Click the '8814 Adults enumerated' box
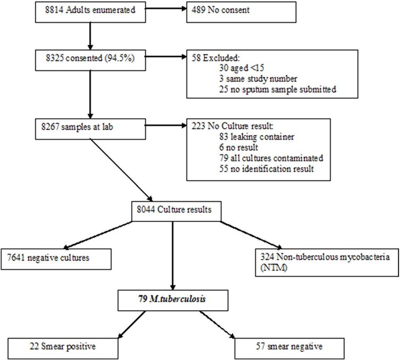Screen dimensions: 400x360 [90, 12]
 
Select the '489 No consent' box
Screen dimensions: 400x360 [241, 12]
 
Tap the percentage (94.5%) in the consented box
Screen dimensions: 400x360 [120, 58]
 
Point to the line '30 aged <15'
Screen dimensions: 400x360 [241, 68]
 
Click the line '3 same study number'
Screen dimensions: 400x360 [258, 79]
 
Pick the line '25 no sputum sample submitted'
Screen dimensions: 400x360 [278, 89]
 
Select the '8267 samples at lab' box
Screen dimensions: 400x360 [90, 129]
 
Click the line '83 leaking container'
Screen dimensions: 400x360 [256, 137]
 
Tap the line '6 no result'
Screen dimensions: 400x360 [239, 147]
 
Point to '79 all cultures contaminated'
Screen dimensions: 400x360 [271, 158]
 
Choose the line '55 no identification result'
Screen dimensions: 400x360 [266, 169]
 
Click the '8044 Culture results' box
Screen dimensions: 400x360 [176, 211]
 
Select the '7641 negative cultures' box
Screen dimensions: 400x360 [56, 259]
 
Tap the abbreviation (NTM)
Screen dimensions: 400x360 [274, 268]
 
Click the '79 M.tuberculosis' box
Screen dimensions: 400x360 [173, 300]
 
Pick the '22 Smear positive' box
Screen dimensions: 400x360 [63, 349]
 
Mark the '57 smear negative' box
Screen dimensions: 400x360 [289, 349]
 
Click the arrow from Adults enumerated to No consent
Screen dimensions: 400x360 [166, 9]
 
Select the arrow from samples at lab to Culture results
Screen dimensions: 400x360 [122, 170]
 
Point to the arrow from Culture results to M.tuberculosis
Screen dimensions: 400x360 [173, 256]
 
